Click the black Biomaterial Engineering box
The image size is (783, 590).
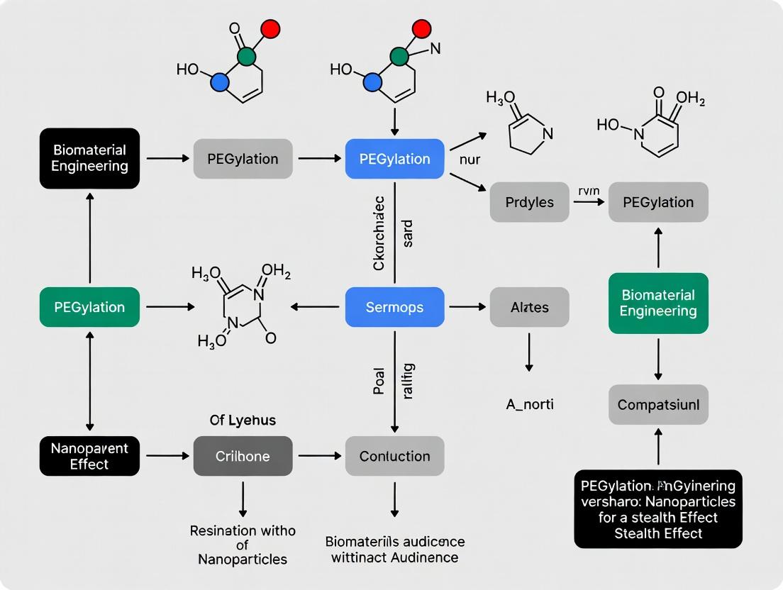click(x=89, y=158)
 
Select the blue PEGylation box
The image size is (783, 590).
click(x=394, y=159)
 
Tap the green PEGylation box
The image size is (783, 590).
click(x=89, y=307)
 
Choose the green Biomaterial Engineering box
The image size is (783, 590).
click(x=658, y=303)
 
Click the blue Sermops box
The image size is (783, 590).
click(x=394, y=307)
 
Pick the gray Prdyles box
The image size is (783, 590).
click(x=529, y=202)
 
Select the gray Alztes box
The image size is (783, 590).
click(x=529, y=307)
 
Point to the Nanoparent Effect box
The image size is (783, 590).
click(x=89, y=455)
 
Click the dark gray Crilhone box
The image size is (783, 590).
click(x=243, y=456)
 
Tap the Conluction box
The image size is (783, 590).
click(x=394, y=456)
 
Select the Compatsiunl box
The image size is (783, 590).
click(x=658, y=405)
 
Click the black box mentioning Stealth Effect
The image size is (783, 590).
click(x=658, y=508)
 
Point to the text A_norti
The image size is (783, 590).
click(x=529, y=404)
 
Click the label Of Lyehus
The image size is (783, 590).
click(x=243, y=421)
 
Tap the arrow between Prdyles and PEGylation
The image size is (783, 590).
click(x=589, y=202)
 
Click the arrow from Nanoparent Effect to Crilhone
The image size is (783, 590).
click(x=166, y=456)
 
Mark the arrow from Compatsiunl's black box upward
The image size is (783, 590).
click(x=658, y=447)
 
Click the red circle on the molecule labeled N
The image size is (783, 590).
click(x=421, y=29)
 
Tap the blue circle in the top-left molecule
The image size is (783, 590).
click(x=221, y=82)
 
